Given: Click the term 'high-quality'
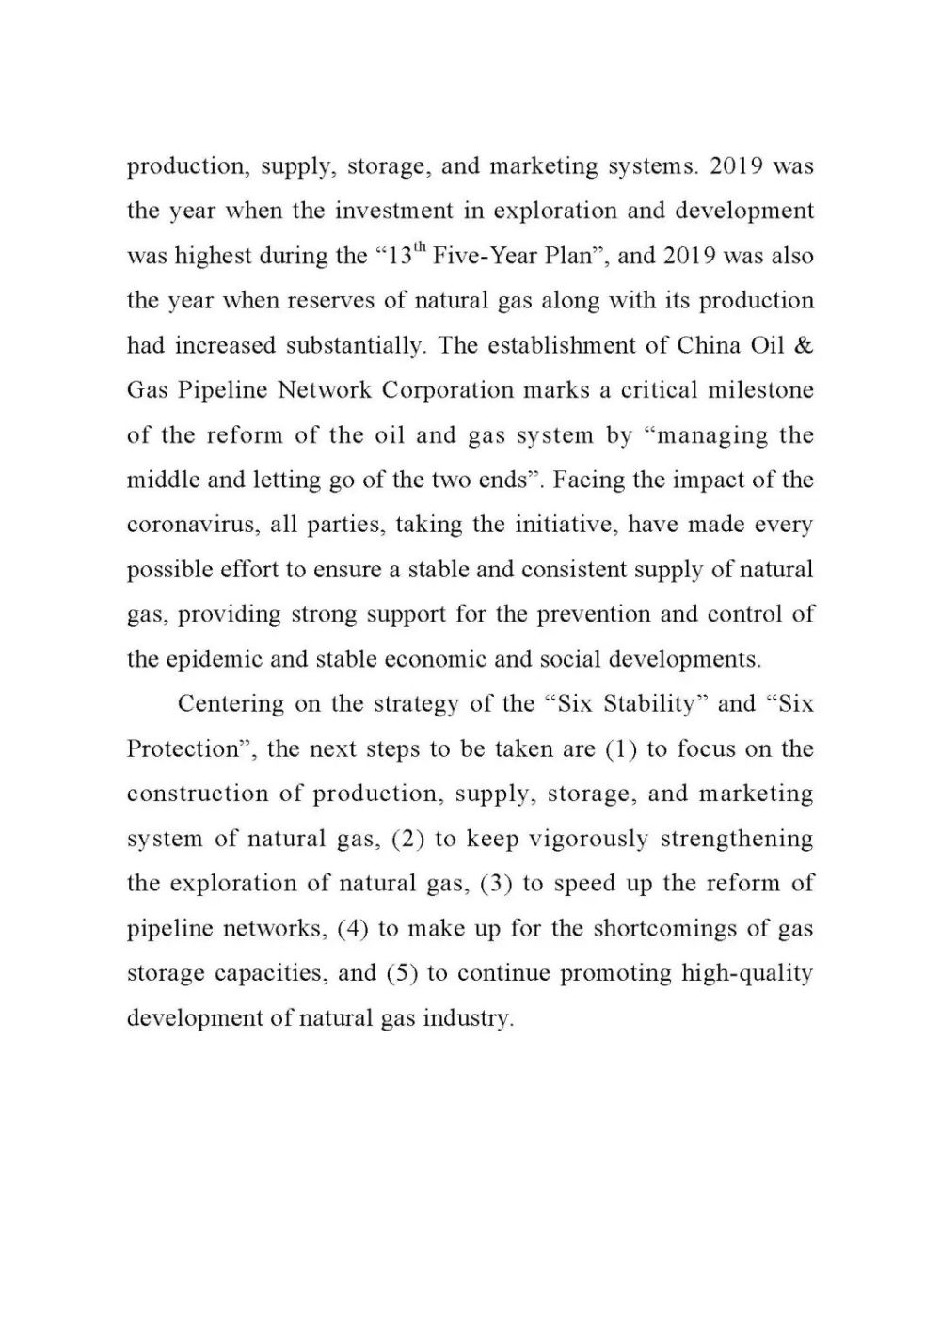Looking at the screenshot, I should (x=746, y=973).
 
